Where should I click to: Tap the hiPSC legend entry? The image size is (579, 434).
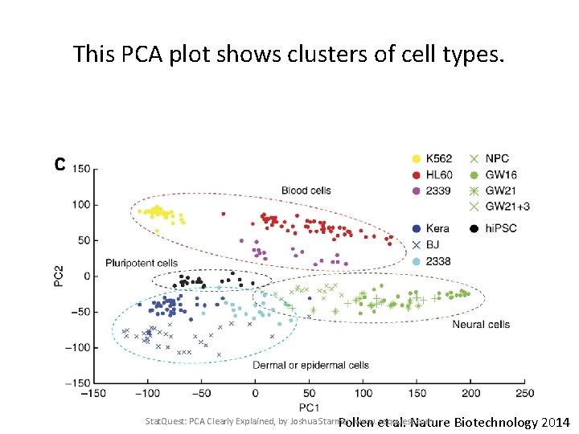500,228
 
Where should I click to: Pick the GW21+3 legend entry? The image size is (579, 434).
507,207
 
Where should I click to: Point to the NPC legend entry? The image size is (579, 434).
497,158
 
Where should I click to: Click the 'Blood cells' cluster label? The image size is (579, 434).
306,190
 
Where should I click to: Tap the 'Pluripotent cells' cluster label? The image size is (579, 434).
142,263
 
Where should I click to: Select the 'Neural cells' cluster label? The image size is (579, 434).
481,325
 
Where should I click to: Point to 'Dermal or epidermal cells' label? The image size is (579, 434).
310,365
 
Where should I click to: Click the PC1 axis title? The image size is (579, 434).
309,408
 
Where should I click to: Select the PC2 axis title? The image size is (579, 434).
59,275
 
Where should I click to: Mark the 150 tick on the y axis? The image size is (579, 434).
80,169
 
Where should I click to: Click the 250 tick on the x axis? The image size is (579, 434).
524,393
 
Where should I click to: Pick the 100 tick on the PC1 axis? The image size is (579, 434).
363,393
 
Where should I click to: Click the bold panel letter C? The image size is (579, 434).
60,165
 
